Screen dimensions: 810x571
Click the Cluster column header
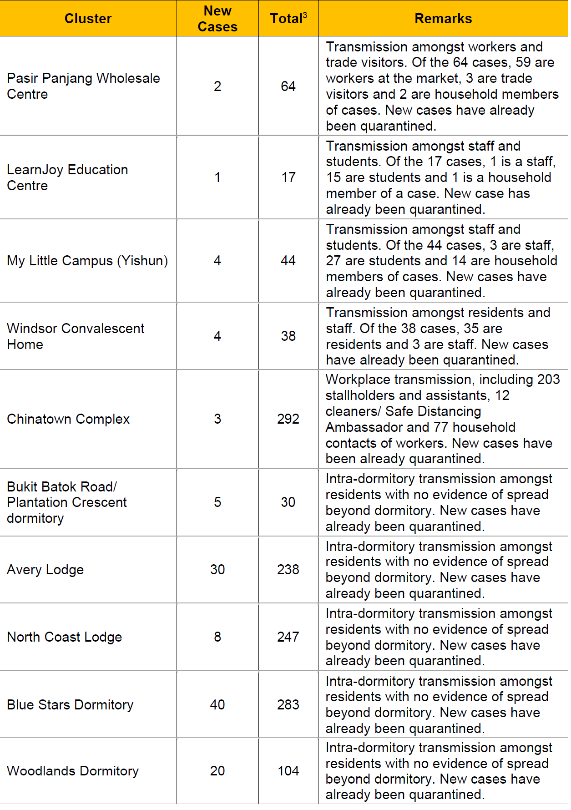point(88,19)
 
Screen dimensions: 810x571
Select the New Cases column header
point(217,19)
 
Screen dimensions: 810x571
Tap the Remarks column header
point(443,19)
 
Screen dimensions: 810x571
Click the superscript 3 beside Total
point(305,15)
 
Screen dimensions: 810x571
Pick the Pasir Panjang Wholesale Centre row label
point(83,86)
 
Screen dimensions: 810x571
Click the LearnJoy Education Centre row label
point(67,177)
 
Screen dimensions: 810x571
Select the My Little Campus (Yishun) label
point(87,261)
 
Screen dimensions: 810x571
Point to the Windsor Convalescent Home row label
point(76,336)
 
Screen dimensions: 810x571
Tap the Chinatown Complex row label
point(68,419)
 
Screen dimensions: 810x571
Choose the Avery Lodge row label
point(45,570)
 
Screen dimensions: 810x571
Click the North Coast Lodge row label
point(65,637)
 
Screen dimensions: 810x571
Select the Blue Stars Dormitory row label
point(70,705)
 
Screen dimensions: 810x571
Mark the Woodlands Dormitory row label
point(73,771)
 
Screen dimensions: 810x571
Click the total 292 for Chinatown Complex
point(288,419)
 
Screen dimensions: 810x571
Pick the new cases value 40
point(217,705)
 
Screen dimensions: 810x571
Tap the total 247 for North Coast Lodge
point(288,637)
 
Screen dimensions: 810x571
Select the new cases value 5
point(217,502)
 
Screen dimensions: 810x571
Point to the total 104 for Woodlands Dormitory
point(288,771)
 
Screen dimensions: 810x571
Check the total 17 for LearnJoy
point(288,177)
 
